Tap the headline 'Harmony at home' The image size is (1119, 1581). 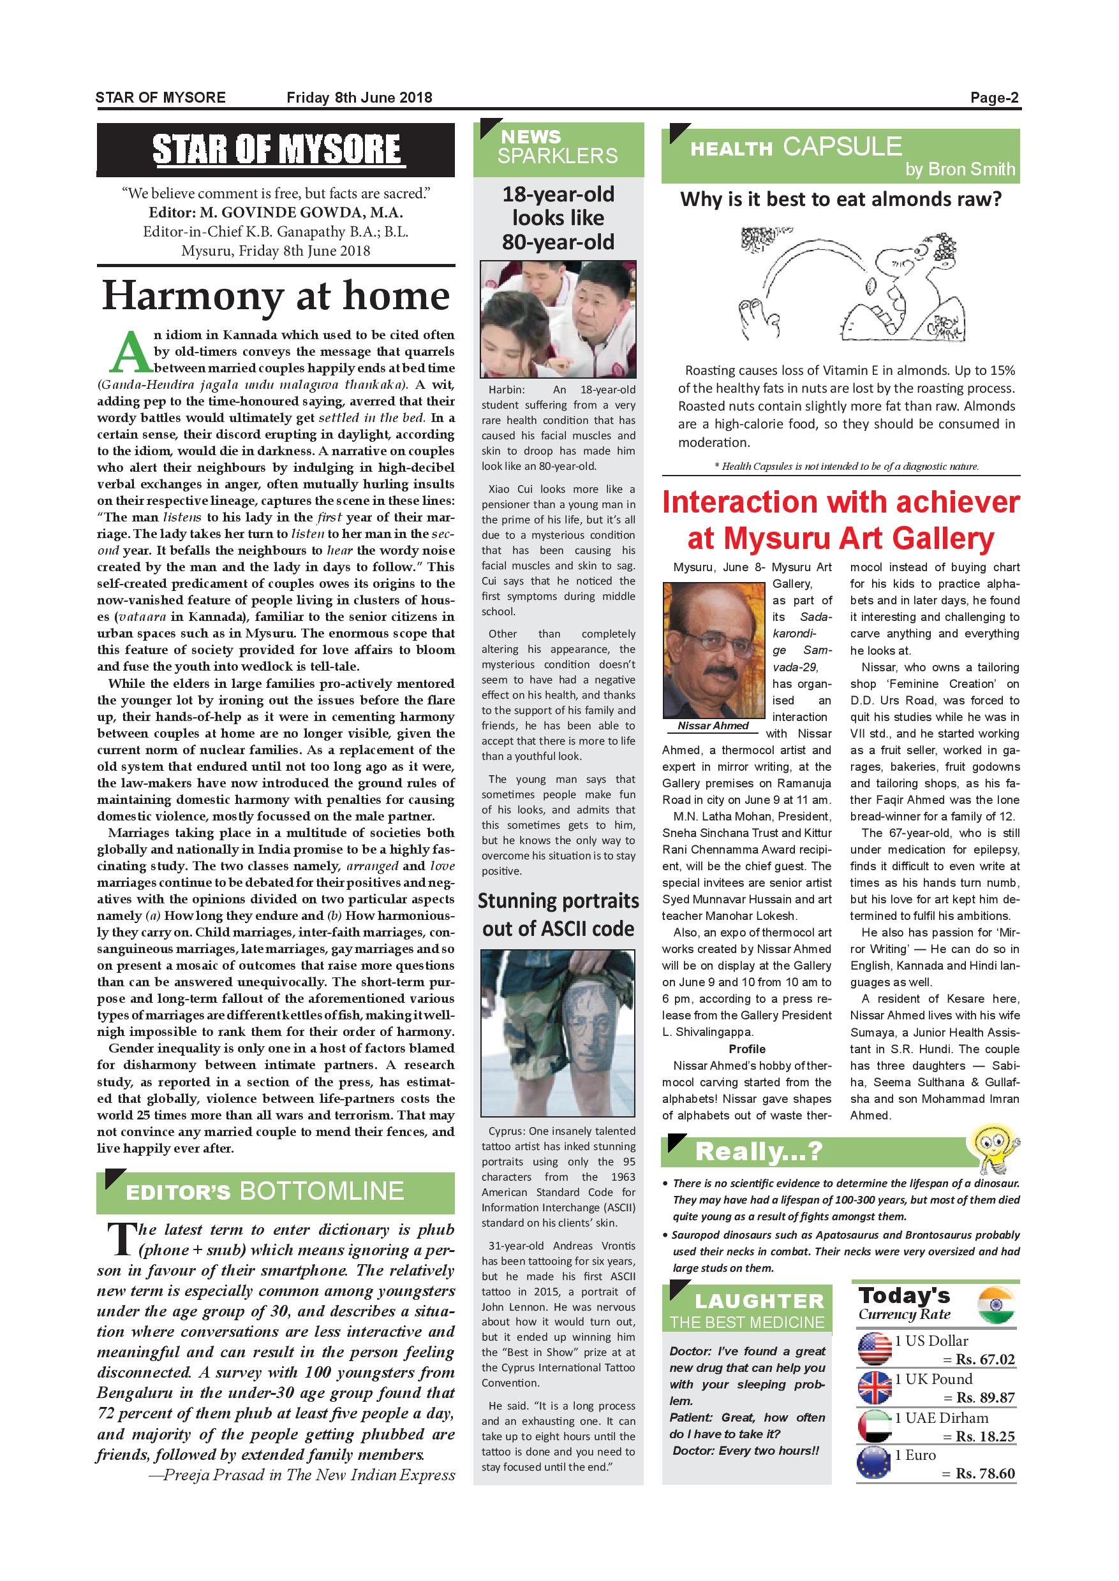276,296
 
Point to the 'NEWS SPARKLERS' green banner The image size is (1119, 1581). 558,148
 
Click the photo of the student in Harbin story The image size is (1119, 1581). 558,319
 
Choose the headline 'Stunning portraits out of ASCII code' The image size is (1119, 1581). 558,914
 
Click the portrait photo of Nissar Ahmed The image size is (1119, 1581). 713,651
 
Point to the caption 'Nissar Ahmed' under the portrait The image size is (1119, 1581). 713,725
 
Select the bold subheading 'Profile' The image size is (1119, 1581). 747,1049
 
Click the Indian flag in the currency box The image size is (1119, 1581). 997,1306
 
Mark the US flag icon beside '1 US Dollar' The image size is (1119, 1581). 875,1350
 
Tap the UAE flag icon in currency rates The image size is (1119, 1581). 875,1426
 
